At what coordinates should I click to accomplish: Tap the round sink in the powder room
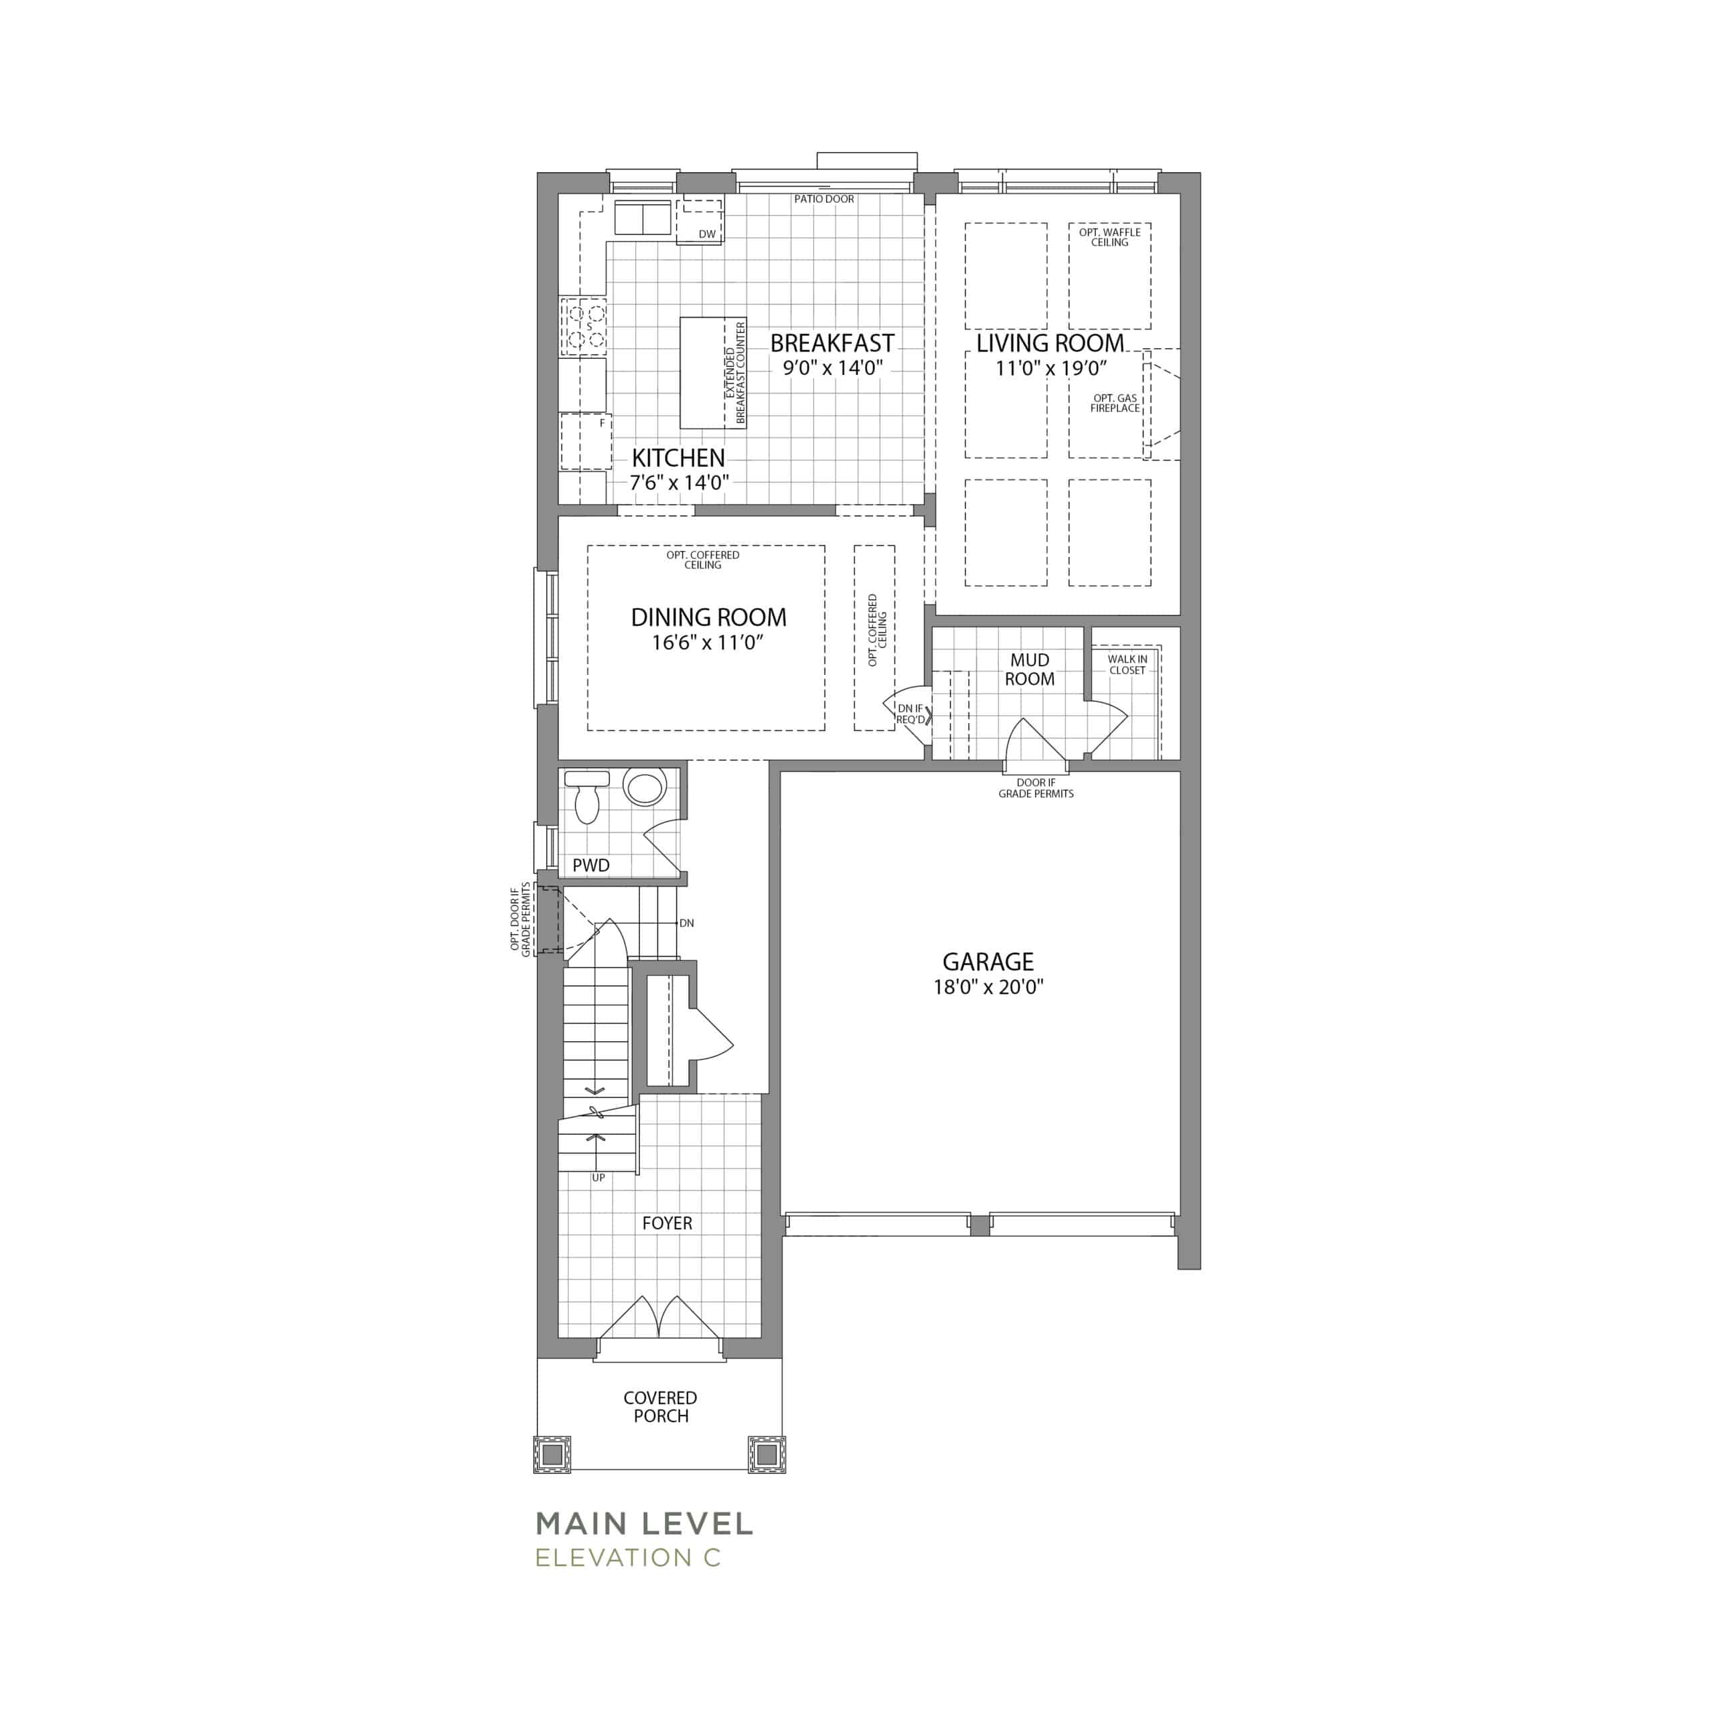(645, 787)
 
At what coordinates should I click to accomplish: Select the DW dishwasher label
(707, 234)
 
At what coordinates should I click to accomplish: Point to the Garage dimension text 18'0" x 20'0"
(988, 986)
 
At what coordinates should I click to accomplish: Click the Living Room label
(1050, 343)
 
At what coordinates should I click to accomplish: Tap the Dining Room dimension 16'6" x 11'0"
(708, 642)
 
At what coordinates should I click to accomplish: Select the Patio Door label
(824, 200)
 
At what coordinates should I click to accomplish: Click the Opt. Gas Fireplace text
(1115, 404)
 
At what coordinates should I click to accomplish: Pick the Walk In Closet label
(1127, 664)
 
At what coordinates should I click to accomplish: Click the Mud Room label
(1029, 670)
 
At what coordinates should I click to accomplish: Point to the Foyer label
(667, 1223)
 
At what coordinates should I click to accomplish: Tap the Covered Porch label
(661, 1407)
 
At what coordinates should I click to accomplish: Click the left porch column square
(552, 1455)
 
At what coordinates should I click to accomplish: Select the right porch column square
(767, 1455)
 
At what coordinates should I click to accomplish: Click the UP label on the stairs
(599, 1178)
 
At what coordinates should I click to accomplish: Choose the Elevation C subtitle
(628, 1558)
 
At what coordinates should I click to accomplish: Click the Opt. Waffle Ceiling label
(1110, 237)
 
